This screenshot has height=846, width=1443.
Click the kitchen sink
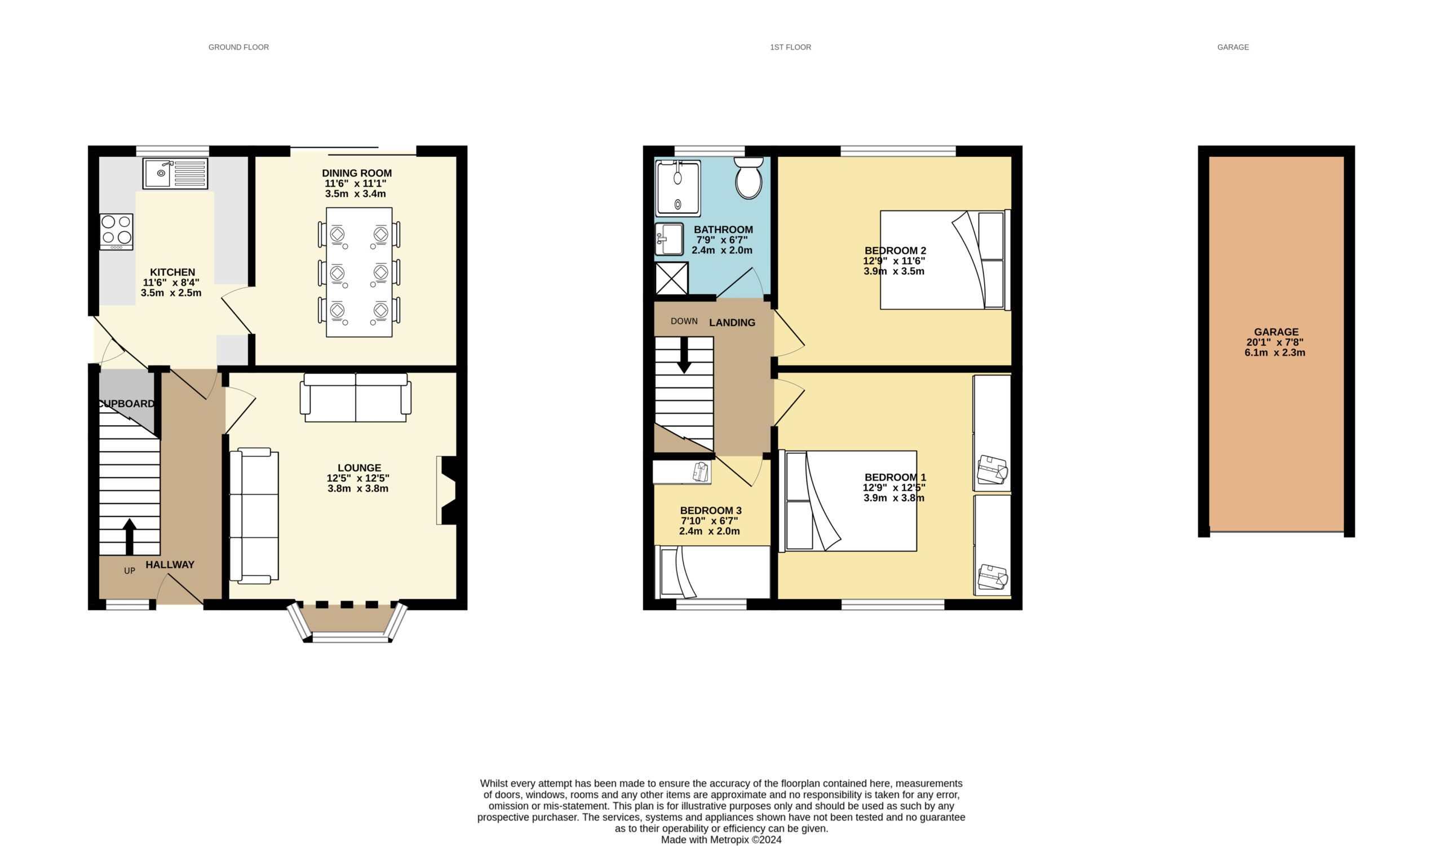pyautogui.click(x=175, y=173)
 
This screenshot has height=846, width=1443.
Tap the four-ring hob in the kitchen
pyautogui.click(x=116, y=231)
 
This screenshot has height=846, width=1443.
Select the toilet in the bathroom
pyautogui.click(x=749, y=178)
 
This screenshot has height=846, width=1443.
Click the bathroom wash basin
pyautogui.click(x=669, y=239)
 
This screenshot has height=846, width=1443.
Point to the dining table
pyautogui.click(x=359, y=272)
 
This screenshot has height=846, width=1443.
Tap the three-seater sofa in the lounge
pyautogui.click(x=254, y=516)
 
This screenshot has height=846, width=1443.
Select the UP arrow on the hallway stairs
pyautogui.click(x=130, y=537)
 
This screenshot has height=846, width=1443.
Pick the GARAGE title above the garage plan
pyautogui.click(x=1233, y=47)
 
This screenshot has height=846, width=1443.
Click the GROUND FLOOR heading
pyautogui.click(x=238, y=47)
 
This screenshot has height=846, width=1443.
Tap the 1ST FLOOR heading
pyautogui.click(x=790, y=47)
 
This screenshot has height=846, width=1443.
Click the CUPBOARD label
pyautogui.click(x=127, y=404)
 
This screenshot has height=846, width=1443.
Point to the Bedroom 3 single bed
pyautogui.click(x=712, y=572)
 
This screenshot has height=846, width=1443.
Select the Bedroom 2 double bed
pyautogui.click(x=945, y=260)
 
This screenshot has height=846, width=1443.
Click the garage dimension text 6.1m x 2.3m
pyautogui.click(x=1274, y=353)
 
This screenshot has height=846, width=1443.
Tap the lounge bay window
pyautogui.click(x=347, y=623)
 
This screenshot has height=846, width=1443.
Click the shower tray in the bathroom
pyautogui.click(x=678, y=188)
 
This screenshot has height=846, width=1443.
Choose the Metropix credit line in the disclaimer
pyautogui.click(x=721, y=840)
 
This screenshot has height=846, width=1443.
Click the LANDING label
pyautogui.click(x=732, y=323)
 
